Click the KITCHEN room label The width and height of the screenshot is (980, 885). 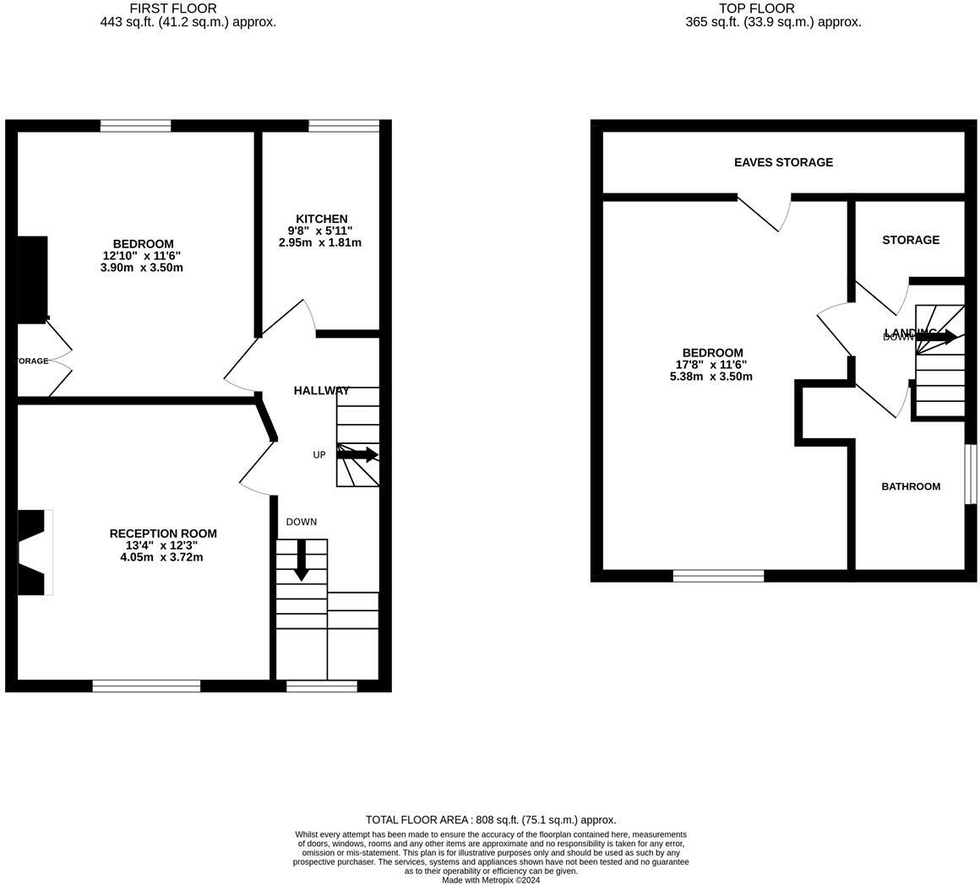tap(321, 219)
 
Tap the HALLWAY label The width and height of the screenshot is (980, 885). tap(321, 390)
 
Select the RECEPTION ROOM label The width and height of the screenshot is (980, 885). tap(163, 534)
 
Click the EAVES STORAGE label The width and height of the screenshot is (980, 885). tap(783, 162)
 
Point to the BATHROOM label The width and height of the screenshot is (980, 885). tap(911, 486)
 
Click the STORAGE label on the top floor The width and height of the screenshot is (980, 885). tap(911, 240)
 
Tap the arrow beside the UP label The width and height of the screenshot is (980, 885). tap(357, 454)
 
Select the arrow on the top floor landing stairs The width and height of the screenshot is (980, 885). tap(936, 337)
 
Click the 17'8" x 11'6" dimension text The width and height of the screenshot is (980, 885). tap(710, 365)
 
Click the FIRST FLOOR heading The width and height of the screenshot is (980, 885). tap(173, 8)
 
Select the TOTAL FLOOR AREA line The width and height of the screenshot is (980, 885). tap(491, 819)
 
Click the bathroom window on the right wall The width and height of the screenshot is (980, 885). tap(971, 475)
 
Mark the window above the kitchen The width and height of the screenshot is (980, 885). tap(343, 126)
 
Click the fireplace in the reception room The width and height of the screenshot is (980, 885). tap(34, 552)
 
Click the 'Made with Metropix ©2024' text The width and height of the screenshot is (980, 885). tap(491, 880)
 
